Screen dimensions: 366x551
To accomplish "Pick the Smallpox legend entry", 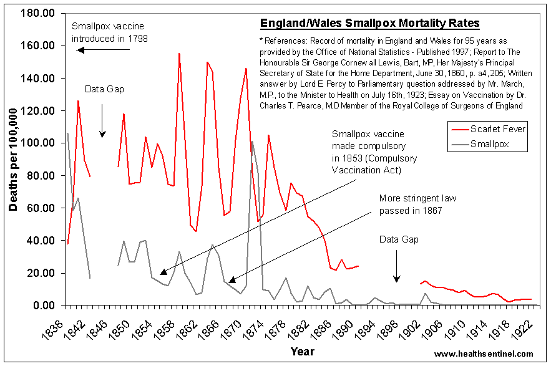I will tap(490, 143).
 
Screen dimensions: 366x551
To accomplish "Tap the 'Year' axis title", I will tap(301, 352).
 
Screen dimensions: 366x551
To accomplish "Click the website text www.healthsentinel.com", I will tap(484, 354).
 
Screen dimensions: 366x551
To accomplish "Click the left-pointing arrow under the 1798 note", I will tap(102, 50).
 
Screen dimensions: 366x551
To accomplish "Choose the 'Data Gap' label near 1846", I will tap(104, 89).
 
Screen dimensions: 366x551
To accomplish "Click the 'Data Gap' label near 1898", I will tap(399, 239).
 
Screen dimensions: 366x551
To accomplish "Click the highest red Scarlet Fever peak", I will tap(179, 54).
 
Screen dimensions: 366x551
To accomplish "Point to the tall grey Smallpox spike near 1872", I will tap(251, 142).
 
